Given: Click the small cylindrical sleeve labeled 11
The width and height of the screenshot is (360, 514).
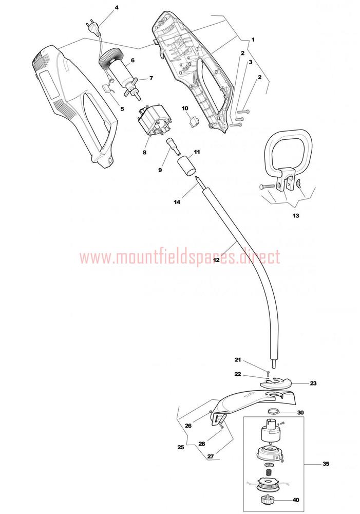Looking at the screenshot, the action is (187, 166).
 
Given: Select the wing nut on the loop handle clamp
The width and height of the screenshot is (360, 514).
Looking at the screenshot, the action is (299, 183).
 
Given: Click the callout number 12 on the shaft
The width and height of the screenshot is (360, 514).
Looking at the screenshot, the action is (216, 260).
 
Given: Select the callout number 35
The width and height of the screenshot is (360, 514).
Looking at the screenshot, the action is (326, 464).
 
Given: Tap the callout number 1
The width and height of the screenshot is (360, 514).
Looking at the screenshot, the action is (253, 40).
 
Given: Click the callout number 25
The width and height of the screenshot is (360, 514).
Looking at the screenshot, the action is (180, 447).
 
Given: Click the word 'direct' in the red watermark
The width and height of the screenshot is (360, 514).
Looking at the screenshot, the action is (261, 256).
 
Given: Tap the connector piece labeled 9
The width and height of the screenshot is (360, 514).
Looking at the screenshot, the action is (173, 146).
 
